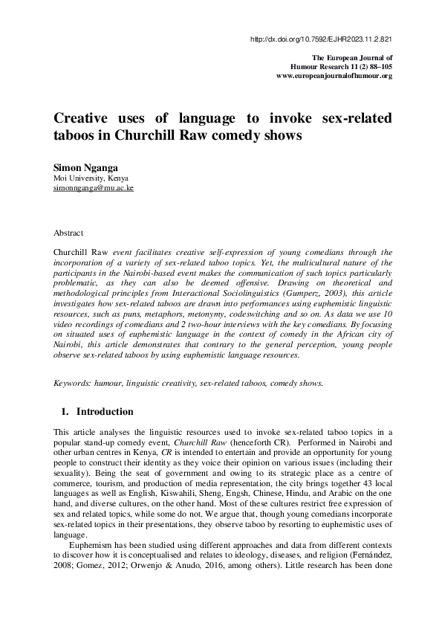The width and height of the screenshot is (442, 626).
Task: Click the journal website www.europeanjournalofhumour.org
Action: tap(334, 76)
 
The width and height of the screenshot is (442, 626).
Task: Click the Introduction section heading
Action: tap(105, 412)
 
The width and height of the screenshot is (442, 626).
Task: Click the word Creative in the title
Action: tap(82, 120)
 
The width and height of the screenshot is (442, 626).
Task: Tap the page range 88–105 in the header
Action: tap(375, 66)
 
